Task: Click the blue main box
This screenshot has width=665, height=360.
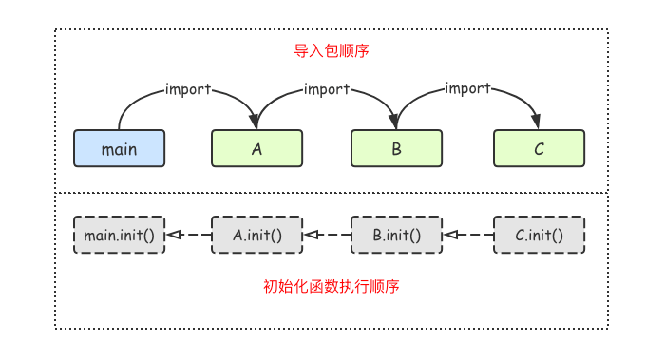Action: click(x=119, y=149)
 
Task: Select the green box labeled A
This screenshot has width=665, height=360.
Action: click(x=256, y=149)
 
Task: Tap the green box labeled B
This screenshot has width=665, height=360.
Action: click(x=397, y=149)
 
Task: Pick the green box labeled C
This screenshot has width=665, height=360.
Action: click(x=539, y=149)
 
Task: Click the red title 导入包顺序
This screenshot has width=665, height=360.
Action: click(x=332, y=51)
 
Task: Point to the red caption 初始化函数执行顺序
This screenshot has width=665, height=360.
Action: click(x=332, y=286)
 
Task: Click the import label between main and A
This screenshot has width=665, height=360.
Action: click(x=187, y=89)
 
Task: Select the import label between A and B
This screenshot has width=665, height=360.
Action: click(x=327, y=89)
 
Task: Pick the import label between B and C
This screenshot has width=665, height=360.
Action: click(x=467, y=89)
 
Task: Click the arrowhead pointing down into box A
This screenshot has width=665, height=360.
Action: click(x=255, y=123)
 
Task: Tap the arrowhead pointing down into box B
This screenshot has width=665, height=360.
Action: click(x=395, y=123)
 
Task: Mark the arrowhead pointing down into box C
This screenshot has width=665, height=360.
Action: click(x=537, y=123)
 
